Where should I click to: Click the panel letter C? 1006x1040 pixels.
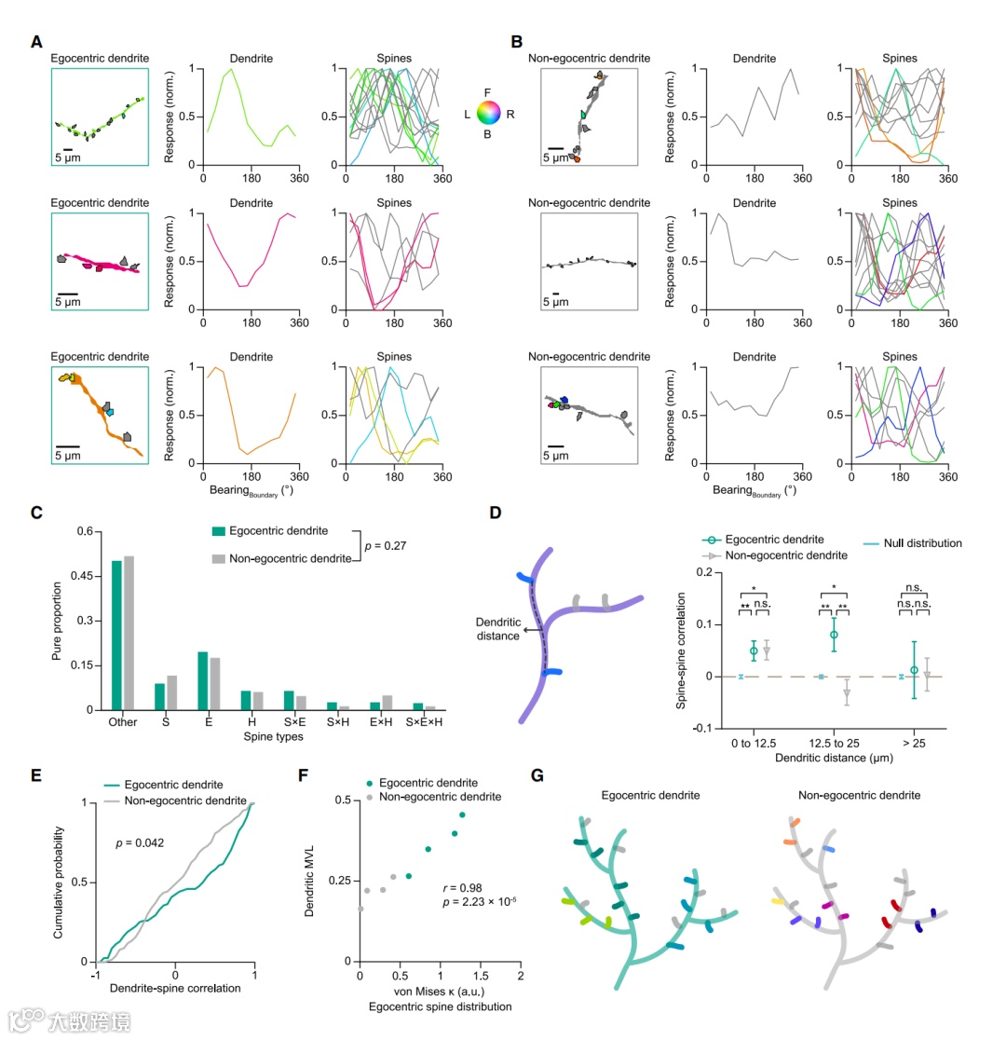pos(35,512)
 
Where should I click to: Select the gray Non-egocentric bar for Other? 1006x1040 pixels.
pos(129,633)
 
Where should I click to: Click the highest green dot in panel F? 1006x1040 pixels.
pos(462,814)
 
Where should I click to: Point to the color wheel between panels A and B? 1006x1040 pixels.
pos(489,113)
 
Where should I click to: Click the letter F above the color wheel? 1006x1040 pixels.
pos(489,91)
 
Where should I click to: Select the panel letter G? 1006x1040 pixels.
pos(537,775)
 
